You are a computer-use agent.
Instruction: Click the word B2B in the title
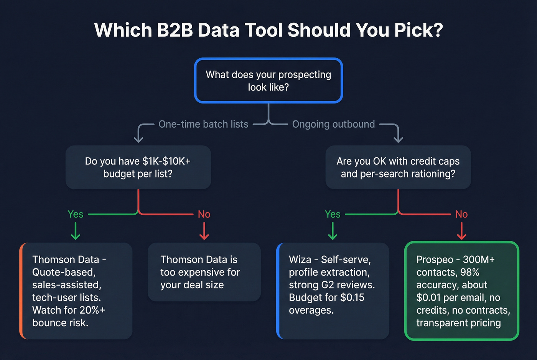[175, 30]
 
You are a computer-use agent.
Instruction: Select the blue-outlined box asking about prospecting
[268, 81]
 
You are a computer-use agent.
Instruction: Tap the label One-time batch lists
[203, 124]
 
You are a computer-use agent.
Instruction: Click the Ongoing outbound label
[333, 124]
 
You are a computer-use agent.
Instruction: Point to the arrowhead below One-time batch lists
[138, 138]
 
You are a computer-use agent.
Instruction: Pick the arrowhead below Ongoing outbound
[398, 138]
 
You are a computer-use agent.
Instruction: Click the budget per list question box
[138, 167]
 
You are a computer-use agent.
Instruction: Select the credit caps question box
[398, 167]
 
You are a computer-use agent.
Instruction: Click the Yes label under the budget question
[75, 214]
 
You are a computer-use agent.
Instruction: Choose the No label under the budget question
[204, 214]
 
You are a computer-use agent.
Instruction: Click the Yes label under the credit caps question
[333, 214]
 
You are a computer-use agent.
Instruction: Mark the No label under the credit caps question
[461, 214]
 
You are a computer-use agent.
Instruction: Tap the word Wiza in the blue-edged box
[300, 260]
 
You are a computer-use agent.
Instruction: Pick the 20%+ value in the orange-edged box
[92, 310]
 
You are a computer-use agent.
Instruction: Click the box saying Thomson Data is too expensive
[204, 272]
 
